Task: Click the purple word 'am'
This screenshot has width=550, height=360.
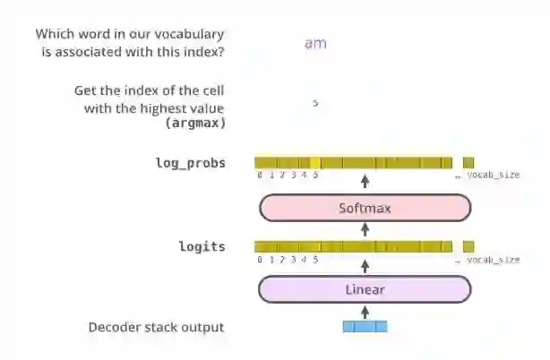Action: [x=315, y=43]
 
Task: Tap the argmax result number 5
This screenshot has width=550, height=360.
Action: [x=315, y=103]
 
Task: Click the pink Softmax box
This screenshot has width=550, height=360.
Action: [x=365, y=208]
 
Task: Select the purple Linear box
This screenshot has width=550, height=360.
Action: [x=365, y=289]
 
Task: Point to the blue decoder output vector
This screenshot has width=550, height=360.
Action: [x=365, y=327]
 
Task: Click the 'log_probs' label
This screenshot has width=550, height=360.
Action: [x=191, y=163]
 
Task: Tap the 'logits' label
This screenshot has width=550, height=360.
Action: [x=202, y=246]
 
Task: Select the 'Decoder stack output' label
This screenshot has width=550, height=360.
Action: [x=156, y=327]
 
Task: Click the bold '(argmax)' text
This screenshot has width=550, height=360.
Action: [x=194, y=122]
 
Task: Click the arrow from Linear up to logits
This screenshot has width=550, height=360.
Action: [x=365, y=266]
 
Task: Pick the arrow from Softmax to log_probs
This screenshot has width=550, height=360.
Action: [x=365, y=184]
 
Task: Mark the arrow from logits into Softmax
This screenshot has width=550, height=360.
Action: [x=365, y=229]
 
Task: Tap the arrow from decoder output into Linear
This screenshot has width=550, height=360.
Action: [x=365, y=311]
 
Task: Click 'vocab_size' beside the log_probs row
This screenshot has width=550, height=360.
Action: [x=492, y=175]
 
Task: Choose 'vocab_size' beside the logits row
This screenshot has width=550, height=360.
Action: [x=492, y=259]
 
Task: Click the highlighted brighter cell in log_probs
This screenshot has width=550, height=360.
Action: [x=315, y=162]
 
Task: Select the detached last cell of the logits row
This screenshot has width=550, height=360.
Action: [x=468, y=245]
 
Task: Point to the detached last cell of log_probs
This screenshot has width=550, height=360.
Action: [x=468, y=162]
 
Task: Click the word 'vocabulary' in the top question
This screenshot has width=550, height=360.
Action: [x=189, y=34]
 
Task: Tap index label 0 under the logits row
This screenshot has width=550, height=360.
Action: [x=260, y=259]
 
